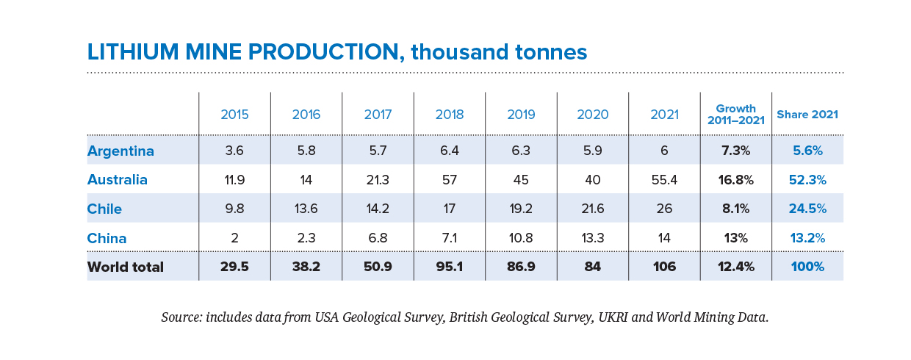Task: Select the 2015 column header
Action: [234, 115]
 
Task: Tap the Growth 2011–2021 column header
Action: [735, 115]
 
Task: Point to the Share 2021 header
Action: [807, 115]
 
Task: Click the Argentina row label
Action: [120, 151]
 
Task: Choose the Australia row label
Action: [118, 180]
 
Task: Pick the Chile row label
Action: [104, 209]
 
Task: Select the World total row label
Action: [126, 267]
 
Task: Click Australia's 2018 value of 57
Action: [450, 180]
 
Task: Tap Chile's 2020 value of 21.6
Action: [592, 209]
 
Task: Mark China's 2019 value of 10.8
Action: [521, 238]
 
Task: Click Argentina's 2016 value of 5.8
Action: [306, 151]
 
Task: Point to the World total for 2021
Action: [663, 267]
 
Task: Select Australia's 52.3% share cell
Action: [807, 180]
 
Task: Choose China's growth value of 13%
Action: [735, 238]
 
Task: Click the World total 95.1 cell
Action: [450, 267]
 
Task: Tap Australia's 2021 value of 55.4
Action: [663, 180]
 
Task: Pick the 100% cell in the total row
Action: [807, 267]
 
